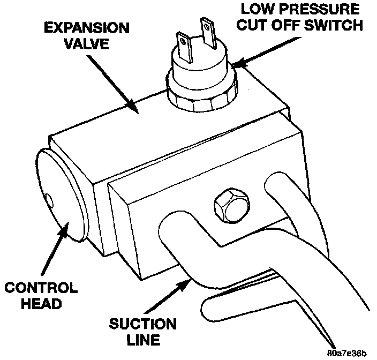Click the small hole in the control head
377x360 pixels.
[x=50, y=201]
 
